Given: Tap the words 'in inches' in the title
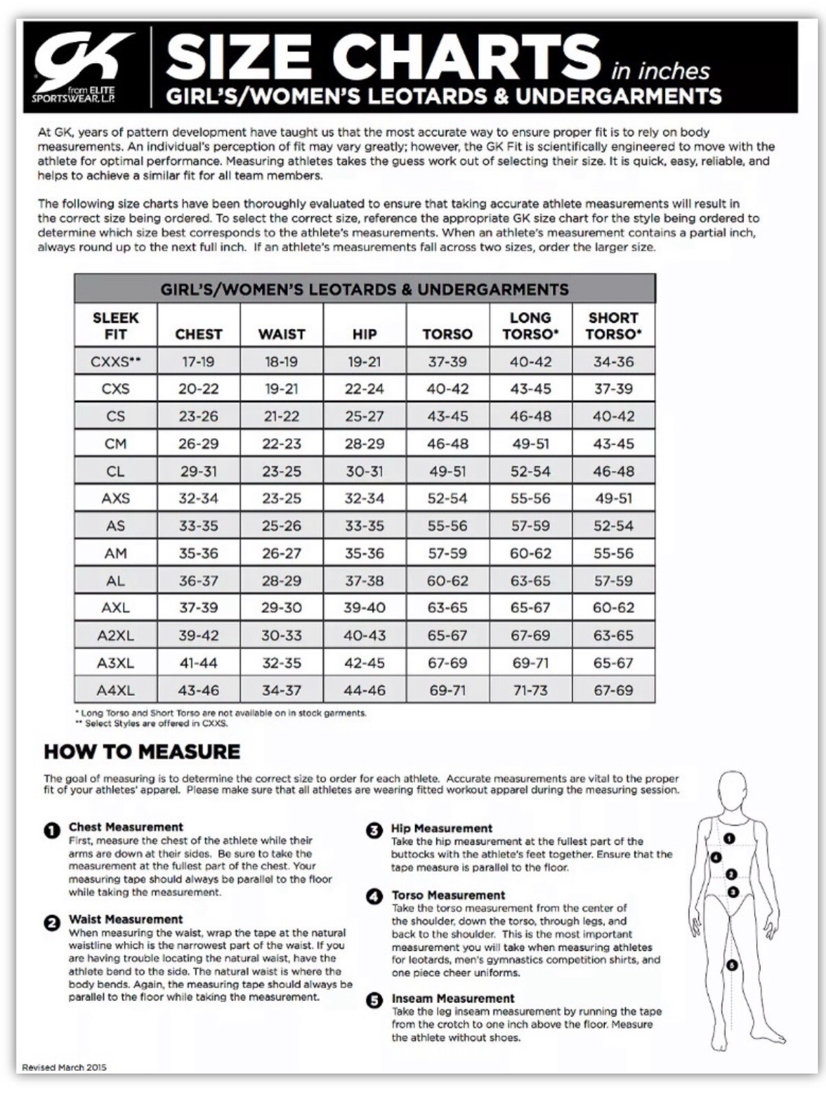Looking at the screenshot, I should click(x=660, y=71).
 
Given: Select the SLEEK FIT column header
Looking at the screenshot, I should click(x=115, y=326).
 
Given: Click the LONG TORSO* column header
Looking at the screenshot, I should click(x=530, y=326).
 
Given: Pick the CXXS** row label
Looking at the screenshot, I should click(x=115, y=361).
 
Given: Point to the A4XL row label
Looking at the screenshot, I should click(x=115, y=690).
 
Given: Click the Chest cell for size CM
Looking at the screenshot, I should click(x=198, y=444).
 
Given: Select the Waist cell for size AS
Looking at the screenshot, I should click(x=281, y=526).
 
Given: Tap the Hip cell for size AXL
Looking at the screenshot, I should click(x=364, y=608).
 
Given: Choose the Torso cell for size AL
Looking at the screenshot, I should click(x=447, y=581).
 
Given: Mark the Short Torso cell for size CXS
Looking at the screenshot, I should click(x=613, y=389).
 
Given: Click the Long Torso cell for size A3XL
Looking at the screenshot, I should click(x=530, y=663).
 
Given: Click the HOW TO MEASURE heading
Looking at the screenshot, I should click(x=142, y=751).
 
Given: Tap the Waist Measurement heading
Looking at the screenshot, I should click(x=126, y=919).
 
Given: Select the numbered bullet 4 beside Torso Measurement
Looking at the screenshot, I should click(x=375, y=896).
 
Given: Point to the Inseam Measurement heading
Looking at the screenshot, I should click(x=453, y=998).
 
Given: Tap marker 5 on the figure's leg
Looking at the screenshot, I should click(x=732, y=965).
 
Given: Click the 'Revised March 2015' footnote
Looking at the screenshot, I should click(x=64, y=1068).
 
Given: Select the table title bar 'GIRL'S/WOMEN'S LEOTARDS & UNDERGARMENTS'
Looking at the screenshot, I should click(x=364, y=289).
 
